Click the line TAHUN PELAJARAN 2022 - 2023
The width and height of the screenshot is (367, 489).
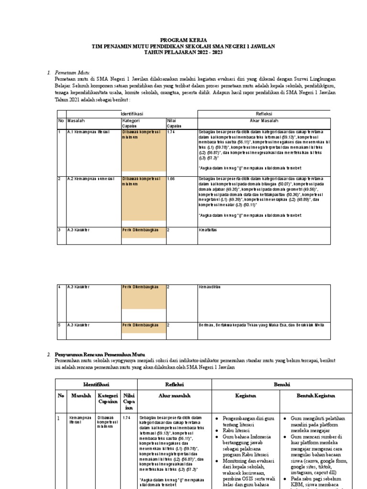183,52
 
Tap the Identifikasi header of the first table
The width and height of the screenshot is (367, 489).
132,114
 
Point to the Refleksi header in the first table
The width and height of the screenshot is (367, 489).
264,114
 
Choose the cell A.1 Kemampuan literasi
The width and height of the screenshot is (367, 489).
87,132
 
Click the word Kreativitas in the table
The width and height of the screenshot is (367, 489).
208,230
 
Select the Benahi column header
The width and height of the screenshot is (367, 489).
281,384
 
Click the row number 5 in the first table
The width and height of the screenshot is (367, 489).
60,325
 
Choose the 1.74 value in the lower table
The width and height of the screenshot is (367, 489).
126,418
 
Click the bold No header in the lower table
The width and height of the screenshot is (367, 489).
61,396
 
